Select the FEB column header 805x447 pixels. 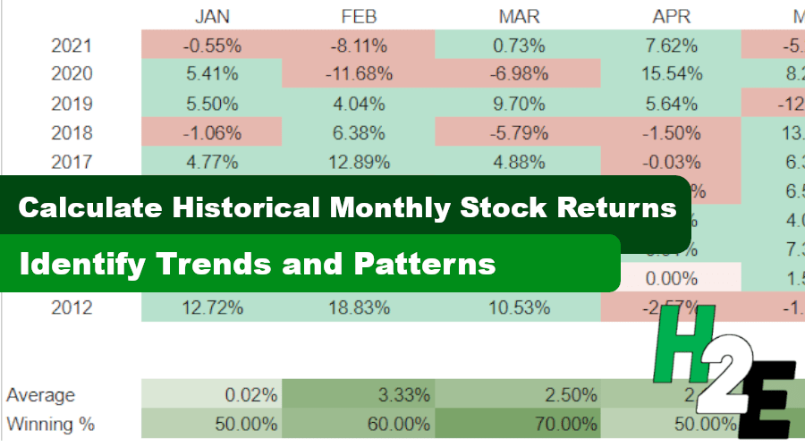pyautogui.click(x=358, y=16)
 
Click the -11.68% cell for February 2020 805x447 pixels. pyautogui.click(x=358, y=74)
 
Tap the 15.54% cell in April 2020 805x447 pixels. pyautogui.click(x=671, y=74)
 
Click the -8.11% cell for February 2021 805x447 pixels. pyautogui.click(x=358, y=45)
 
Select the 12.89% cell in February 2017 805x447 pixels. pyautogui.click(x=358, y=163)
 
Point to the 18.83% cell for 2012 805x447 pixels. pyautogui.click(x=358, y=308)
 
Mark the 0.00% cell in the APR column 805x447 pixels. pyautogui.click(x=671, y=279)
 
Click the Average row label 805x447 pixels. pyautogui.click(x=41, y=395)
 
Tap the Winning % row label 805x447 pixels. pyautogui.click(x=50, y=423)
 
